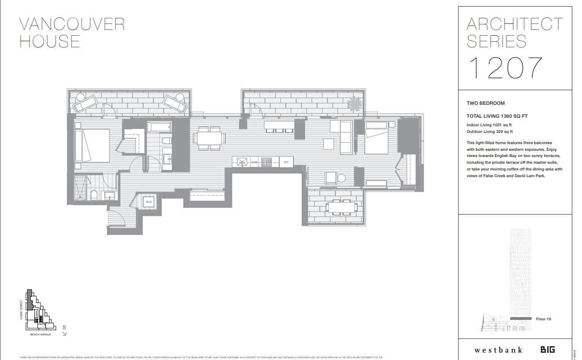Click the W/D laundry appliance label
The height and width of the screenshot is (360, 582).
pos(149,202)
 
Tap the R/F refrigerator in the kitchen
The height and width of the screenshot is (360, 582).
pos(286,162)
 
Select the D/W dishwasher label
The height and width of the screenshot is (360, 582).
pos(255,162)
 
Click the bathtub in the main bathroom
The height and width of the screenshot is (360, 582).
pos(160,127)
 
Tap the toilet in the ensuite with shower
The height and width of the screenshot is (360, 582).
pos(94,195)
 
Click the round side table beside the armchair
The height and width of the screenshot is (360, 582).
pos(341,178)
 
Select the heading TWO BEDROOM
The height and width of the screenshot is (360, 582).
pos(486,103)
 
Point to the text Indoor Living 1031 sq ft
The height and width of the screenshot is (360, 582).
pos(489,125)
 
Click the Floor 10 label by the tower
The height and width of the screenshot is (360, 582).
pos(543,319)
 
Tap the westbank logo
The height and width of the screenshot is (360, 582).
pos(498,350)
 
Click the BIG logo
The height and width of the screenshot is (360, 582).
pos(548,350)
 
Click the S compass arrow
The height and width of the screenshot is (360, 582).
pos(64,330)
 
